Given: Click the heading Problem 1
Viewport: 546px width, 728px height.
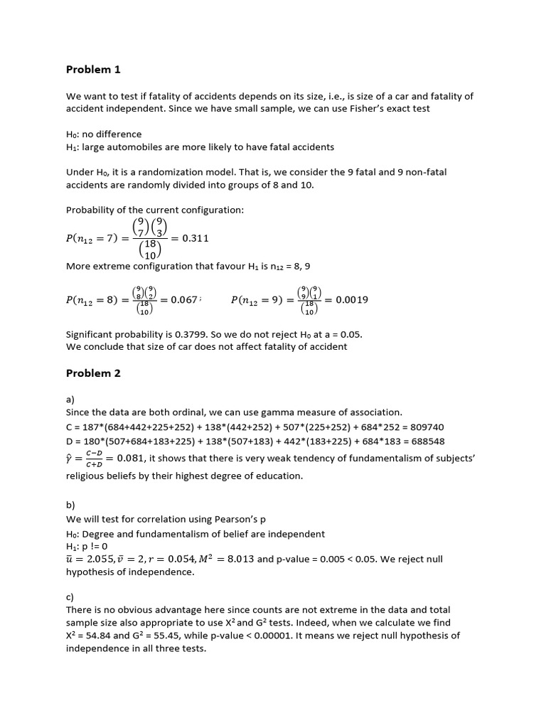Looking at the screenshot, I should coord(93,70).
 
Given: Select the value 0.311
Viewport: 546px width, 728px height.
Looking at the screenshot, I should coord(196,238).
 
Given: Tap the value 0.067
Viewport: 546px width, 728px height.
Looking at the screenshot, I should coord(183,300).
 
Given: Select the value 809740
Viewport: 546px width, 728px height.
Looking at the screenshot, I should coord(424,427).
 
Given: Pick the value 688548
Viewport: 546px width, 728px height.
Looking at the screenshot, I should coord(424,441).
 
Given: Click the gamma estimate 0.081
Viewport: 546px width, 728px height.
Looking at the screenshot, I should coord(132,459).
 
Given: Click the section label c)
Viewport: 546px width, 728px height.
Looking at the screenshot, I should coord(70,597).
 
